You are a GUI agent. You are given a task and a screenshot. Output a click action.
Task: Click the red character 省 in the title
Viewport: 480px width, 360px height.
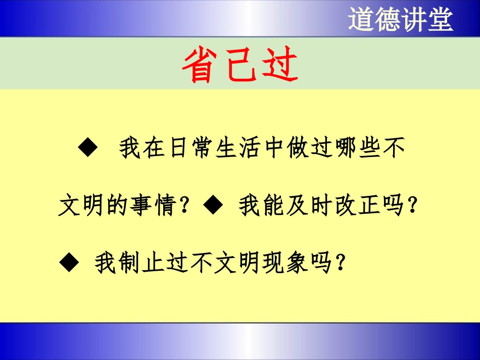pos(201,66)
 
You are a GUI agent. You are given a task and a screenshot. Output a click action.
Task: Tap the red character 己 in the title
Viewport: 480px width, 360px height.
pos(239,66)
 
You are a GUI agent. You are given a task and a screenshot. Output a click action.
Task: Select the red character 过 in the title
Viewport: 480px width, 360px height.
pos(279,66)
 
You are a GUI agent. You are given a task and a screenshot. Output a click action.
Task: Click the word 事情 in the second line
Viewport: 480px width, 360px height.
pos(153,206)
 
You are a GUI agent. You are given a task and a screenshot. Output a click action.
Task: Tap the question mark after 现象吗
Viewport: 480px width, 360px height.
pos(342,263)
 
